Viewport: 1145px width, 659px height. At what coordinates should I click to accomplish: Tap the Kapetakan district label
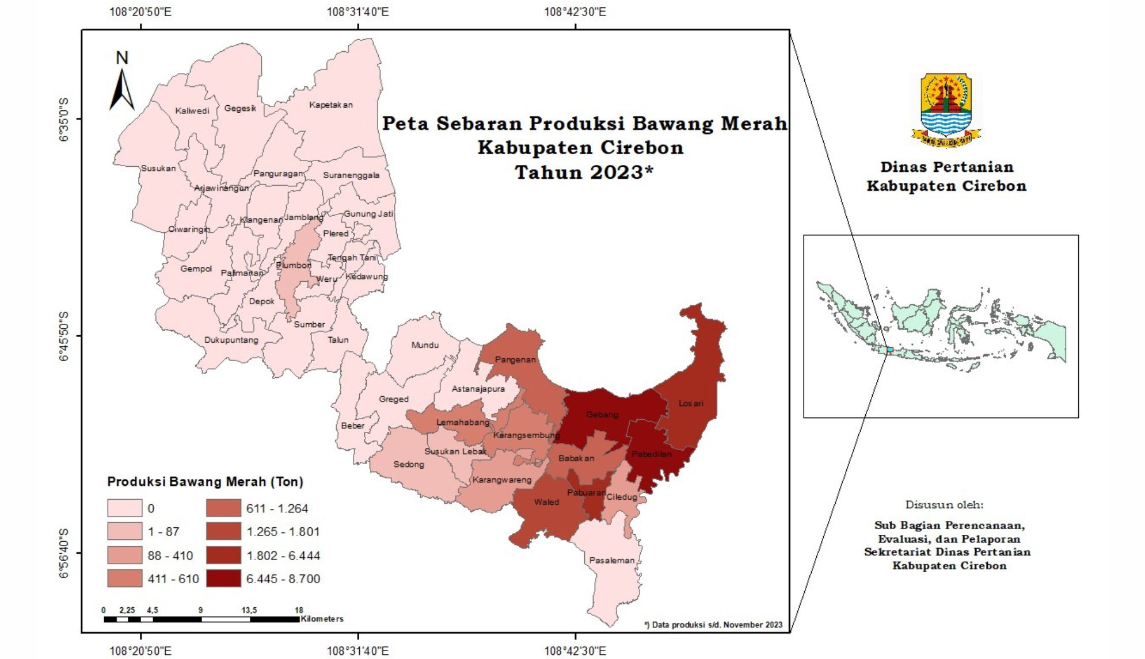pyautogui.click(x=330, y=105)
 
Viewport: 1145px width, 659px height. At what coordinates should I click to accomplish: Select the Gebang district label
pyautogui.click(x=602, y=415)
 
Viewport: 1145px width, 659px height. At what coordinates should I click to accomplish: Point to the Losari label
pyautogui.click(x=691, y=404)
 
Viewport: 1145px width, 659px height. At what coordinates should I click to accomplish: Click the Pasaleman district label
pyautogui.click(x=611, y=560)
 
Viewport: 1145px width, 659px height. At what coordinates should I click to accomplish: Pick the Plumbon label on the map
pyautogui.click(x=294, y=265)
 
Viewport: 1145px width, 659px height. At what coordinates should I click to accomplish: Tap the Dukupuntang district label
pyautogui.click(x=231, y=340)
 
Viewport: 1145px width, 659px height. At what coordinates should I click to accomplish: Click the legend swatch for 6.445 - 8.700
pyautogui.click(x=223, y=578)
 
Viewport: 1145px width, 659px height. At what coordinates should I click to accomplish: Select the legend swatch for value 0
pyautogui.click(x=124, y=508)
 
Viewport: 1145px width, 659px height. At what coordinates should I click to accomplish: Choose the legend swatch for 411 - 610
pyautogui.click(x=124, y=578)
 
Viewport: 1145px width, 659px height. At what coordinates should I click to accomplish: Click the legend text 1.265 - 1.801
pyautogui.click(x=283, y=532)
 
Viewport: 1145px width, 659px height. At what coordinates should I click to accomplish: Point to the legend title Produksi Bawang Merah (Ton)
pyautogui.click(x=205, y=481)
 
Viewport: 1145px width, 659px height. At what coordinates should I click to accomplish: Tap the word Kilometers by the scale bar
pyautogui.click(x=322, y=619)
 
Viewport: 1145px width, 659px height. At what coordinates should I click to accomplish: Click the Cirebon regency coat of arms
pyautogui.click(x=946, y=110)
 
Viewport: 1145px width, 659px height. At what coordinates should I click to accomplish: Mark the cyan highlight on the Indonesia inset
pyautogui.click(x=889, y=350)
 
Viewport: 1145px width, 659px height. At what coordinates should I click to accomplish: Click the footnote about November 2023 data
pyautogui.click(x=713, y=624)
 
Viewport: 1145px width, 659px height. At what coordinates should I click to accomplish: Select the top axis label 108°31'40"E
pyautogui.click(x=357, y=12)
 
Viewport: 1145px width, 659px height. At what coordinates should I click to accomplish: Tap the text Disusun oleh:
pyautogui.click(x=944, y=505)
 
